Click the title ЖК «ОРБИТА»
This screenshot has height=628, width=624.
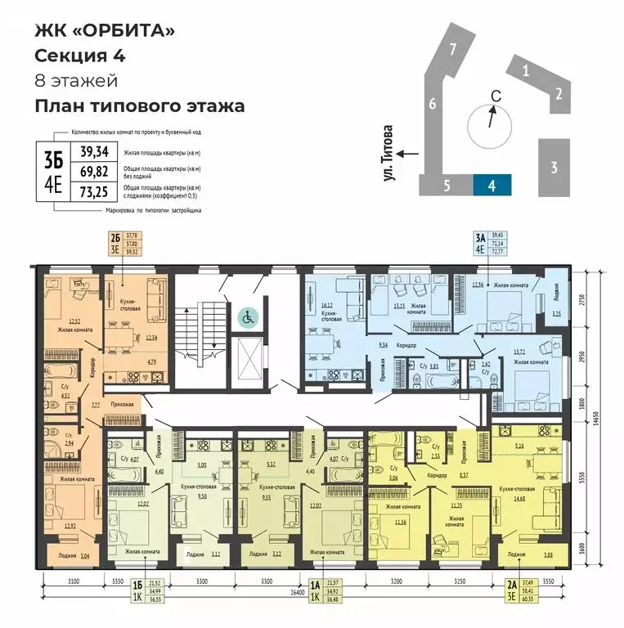tap(105, 32)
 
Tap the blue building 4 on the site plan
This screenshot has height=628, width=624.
tap(492, 185)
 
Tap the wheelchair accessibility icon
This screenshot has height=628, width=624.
tap(246, 316)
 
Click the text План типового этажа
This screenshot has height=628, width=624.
tap(139, 105)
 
